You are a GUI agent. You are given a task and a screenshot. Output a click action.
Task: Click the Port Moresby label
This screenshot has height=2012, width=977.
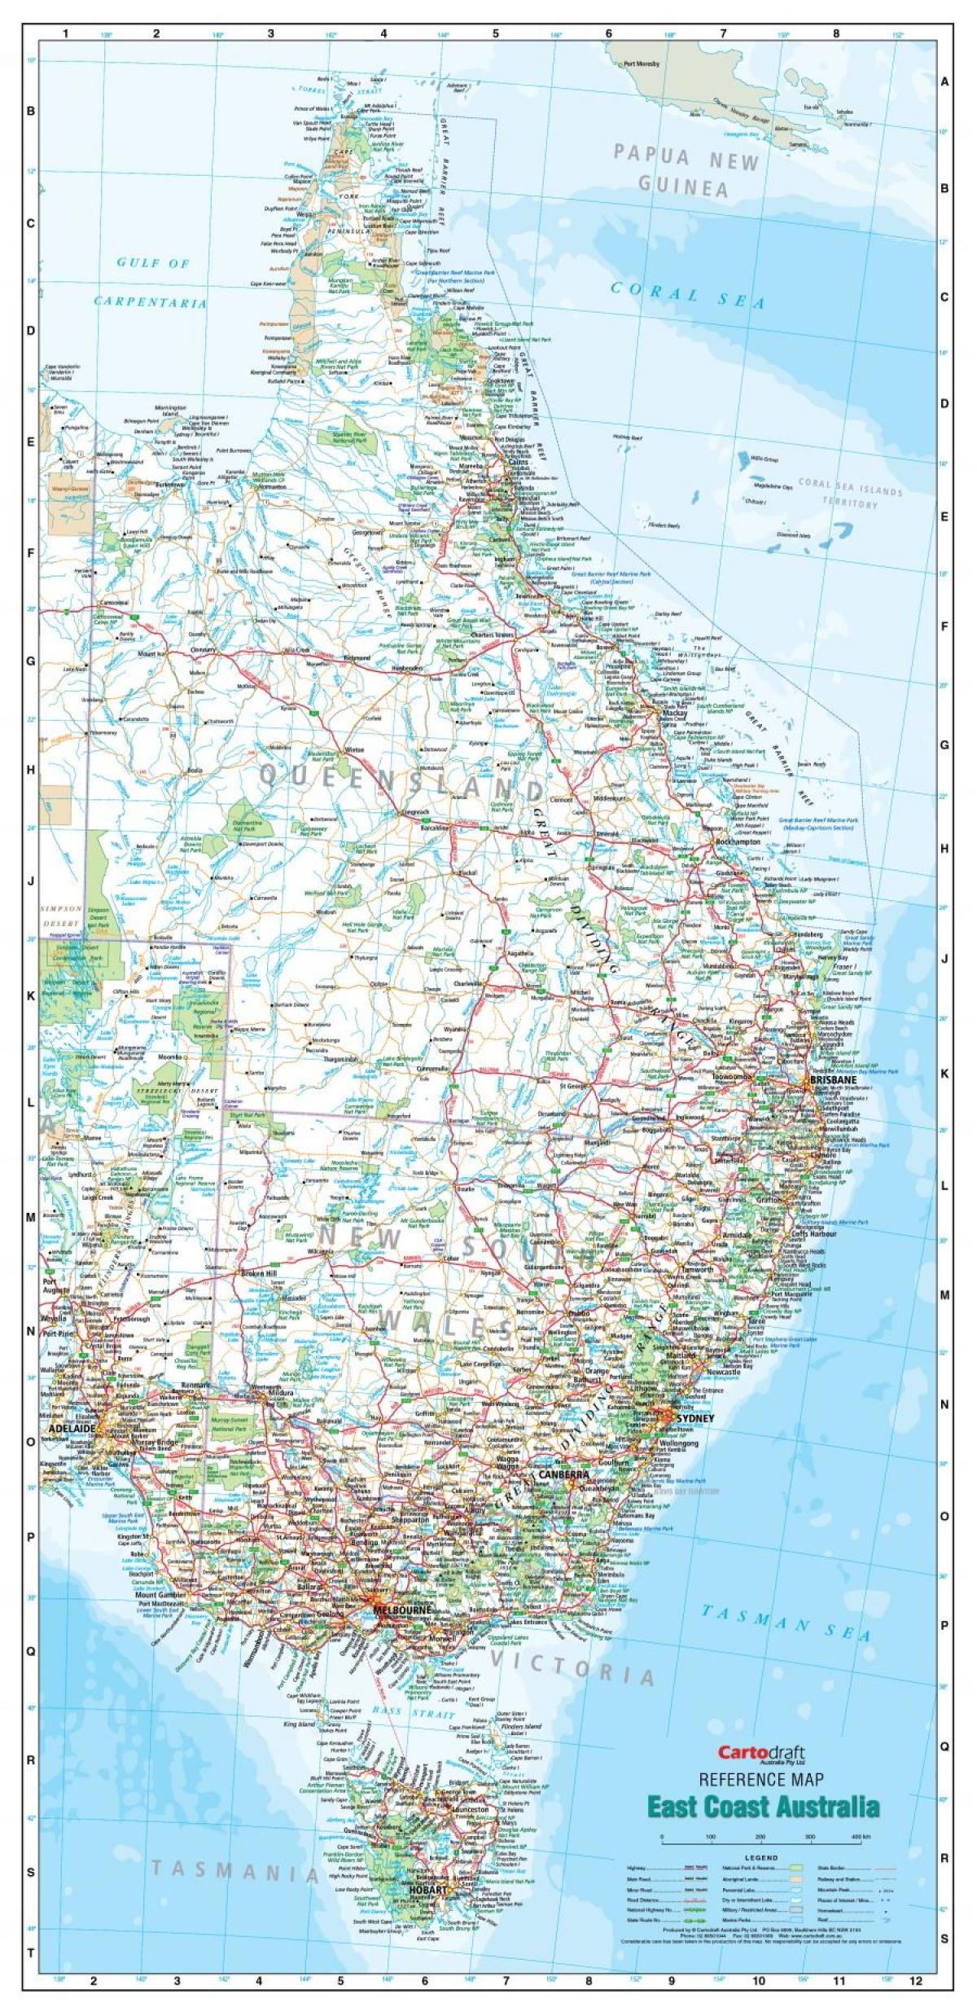pos(641,64)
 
